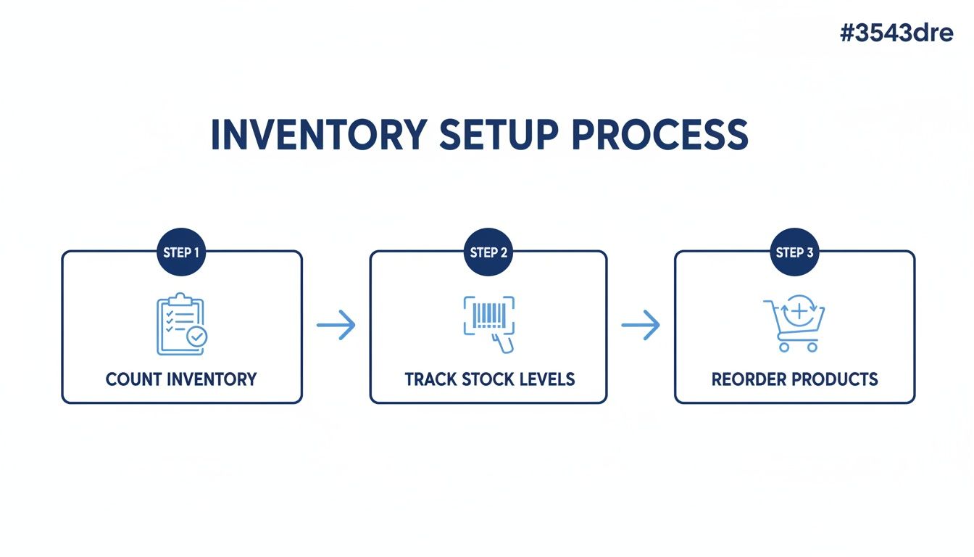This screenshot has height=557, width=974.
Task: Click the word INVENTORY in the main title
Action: (x=318, y=134)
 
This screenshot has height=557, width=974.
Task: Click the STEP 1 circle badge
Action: (x=181, y=252)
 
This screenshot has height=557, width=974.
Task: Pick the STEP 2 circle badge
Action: (x=488, y=252)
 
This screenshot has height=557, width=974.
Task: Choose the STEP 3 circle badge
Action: (x=794, y=252)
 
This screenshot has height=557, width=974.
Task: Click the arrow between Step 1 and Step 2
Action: (x=336, y=325)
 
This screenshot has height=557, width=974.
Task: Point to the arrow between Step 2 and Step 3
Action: (x=641, y=325)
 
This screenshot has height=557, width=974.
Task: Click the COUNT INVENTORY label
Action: (x=181, y=379)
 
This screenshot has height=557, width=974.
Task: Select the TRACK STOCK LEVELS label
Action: (x=489, y=379)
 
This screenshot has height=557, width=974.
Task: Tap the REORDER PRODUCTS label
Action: (x=794, y=379)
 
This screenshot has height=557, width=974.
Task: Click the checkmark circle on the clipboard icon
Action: (x=196, y=337)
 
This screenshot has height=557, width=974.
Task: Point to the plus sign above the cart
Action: (x=800, y=312)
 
